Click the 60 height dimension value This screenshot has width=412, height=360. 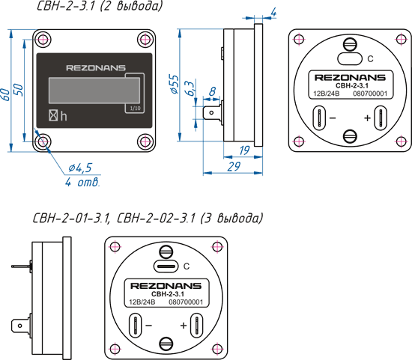pos(6,95)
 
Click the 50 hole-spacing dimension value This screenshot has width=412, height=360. pos(19,90)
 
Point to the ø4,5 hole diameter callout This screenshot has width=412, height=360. pos(80,168)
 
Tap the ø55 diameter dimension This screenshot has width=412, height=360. pos(175,84)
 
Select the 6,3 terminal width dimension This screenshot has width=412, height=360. pos(190,88)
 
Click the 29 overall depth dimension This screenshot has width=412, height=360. pos(234,167)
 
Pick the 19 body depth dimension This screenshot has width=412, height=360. pos(244,150)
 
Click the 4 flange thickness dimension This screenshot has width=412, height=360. pos(273,12)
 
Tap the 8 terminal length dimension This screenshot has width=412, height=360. pos(212,91)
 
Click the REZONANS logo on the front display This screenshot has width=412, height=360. pos(96,68)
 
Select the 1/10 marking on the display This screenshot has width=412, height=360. pos(136,109)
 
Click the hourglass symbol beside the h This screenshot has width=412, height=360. pos(53,115)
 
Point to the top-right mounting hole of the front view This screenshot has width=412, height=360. pos(145,40)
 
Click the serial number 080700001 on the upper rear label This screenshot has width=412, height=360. pos(370,94)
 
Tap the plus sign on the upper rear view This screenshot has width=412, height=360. pos(367,118)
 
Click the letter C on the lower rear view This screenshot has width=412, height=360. pos(187,266)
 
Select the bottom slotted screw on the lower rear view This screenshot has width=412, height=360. pos(166,344)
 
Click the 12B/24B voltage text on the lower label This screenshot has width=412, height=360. pos(142,302)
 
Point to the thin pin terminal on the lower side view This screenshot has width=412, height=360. pos(22,266)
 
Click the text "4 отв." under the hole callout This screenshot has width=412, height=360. pos(82,182)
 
